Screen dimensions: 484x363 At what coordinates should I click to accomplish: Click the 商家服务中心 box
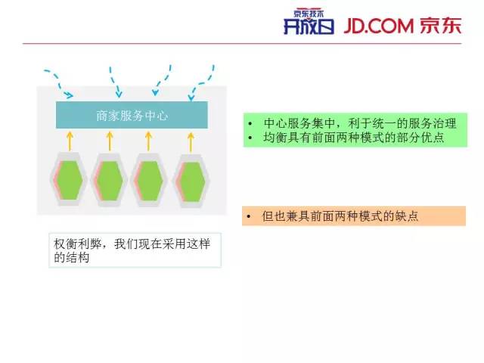click(x=132, y=116)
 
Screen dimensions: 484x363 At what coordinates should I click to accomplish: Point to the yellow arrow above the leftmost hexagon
click(x=70, y=140)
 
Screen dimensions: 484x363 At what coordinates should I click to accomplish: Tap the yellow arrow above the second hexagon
click(x=110, y=140)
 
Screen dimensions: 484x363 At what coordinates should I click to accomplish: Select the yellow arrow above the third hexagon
click(x=149, y=140)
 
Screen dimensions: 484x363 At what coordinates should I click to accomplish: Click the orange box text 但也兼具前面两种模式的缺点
click(x=340, y=216)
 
